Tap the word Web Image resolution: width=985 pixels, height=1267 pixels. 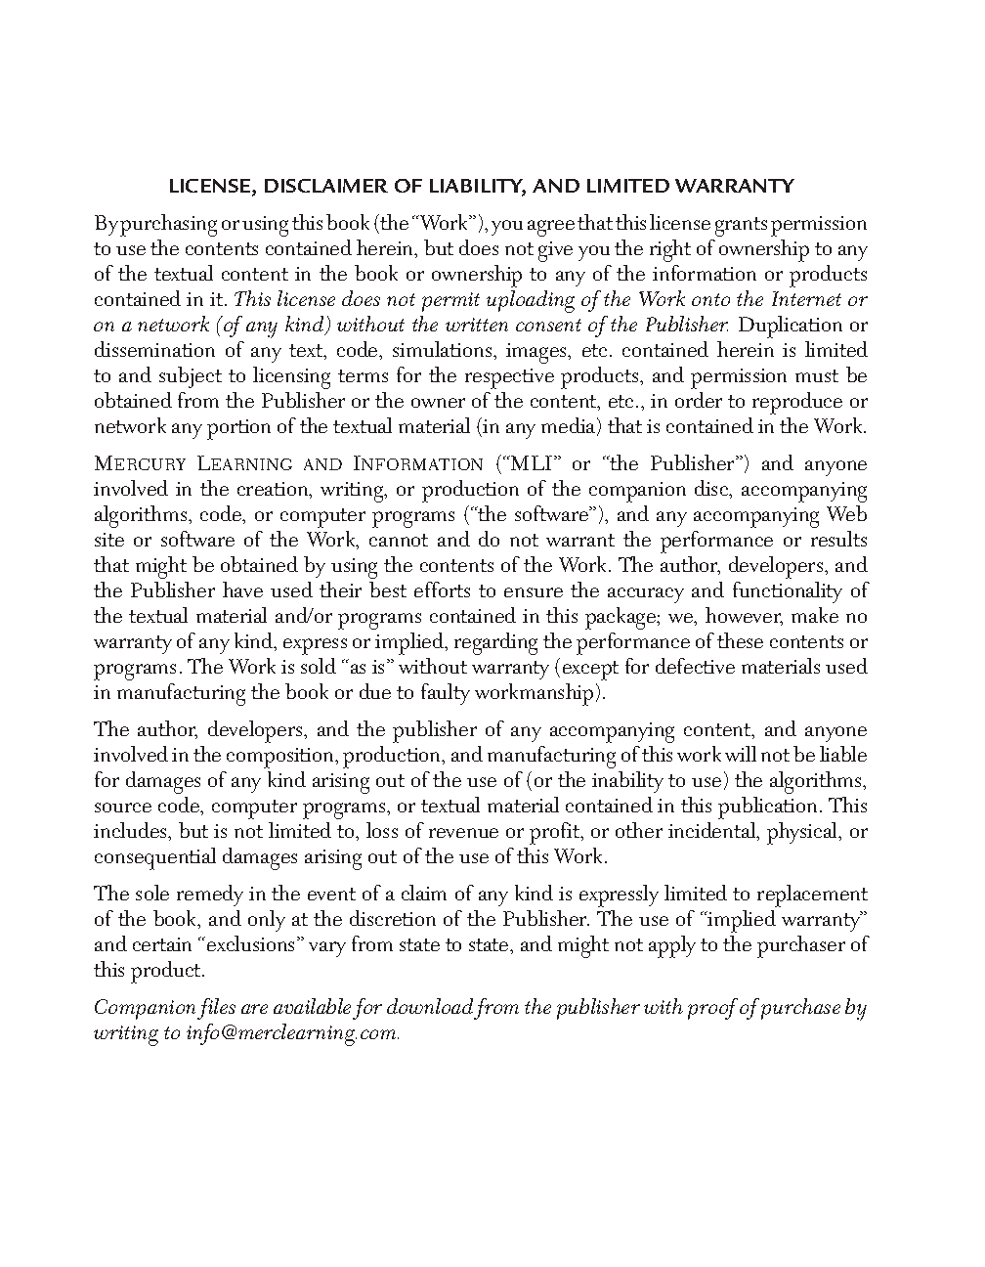[846, 514]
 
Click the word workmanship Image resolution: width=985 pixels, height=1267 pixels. [534, 693]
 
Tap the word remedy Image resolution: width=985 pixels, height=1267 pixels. [202, 895]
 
